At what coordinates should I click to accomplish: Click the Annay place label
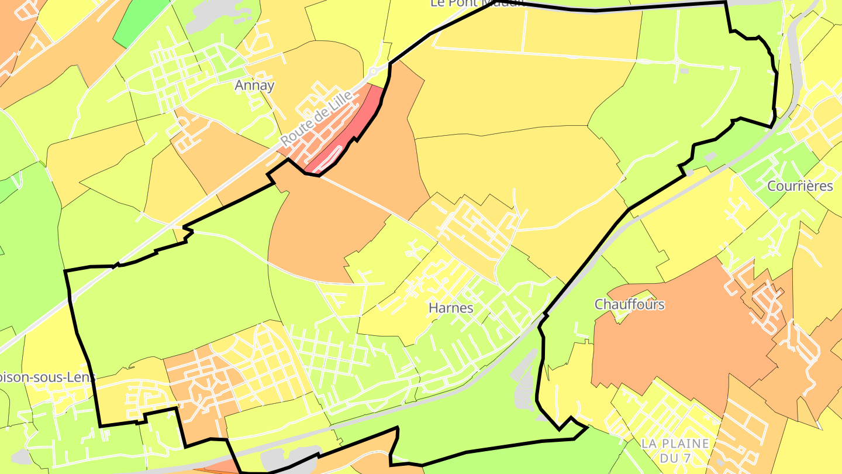click(x=254, y=85)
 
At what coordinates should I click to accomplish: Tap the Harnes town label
click(x=451, y=307)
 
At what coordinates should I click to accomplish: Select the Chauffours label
click(x=630, y=304)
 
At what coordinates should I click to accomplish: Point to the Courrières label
click(x=800, y=186)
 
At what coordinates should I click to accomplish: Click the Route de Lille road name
click(x=318, y=119)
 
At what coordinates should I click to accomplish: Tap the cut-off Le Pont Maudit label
click(x=474, y=4)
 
